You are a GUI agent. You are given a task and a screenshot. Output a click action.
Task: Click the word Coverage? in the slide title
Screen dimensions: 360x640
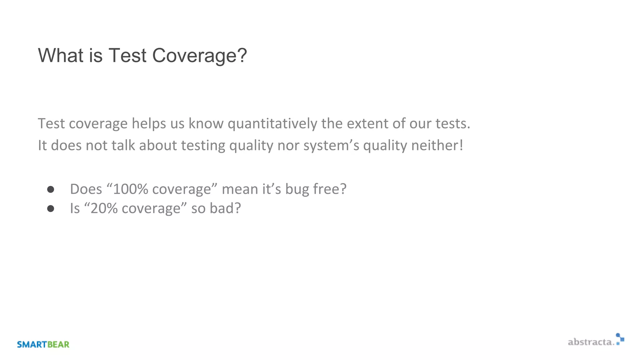coord(199,56)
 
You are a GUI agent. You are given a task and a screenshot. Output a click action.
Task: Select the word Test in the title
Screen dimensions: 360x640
coord(127,56)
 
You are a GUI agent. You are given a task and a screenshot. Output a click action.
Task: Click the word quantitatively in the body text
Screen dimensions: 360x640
coord(272,124)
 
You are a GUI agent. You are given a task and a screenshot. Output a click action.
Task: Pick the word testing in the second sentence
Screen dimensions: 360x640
coord(203,146)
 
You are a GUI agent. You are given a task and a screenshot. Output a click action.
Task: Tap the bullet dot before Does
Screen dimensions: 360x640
coord(51,189)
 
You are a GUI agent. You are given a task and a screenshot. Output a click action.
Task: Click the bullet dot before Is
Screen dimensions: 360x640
coord(51,208)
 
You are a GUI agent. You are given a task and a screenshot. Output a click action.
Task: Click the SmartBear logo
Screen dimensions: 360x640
coord(43,344)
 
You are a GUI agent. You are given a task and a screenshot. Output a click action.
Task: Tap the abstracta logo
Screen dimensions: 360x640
coord(596,341)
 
